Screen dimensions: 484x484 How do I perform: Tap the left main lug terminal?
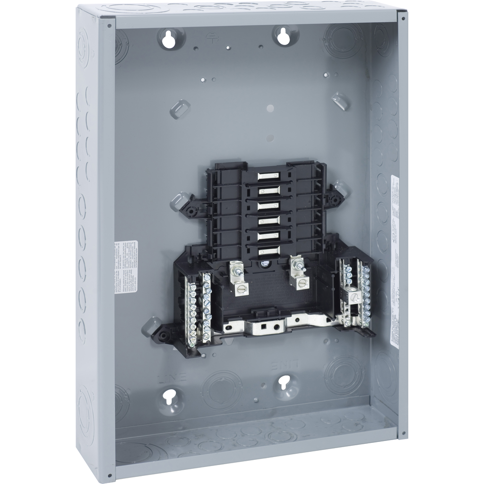coord(236,279)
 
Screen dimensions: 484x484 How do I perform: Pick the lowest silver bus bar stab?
coord(268,251)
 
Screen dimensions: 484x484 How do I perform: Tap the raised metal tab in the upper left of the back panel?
coord(180,108)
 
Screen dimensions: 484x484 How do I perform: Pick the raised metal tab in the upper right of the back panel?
coord(340,101)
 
